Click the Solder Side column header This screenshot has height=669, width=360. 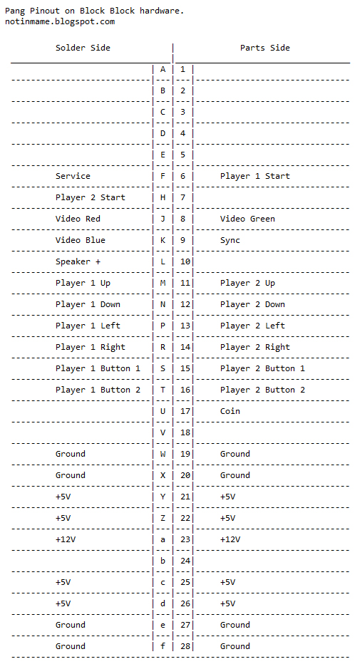[83, 48]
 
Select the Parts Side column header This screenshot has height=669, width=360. [264, 48]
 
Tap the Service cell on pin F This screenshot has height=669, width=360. [73, 176]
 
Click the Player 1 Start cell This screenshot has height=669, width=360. [254, 176]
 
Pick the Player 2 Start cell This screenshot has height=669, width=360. [90, 197]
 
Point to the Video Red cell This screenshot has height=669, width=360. [78, 219]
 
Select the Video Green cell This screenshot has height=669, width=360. [247, 219]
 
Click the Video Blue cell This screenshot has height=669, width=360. [80, 240]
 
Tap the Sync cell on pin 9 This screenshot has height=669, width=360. [230, 240]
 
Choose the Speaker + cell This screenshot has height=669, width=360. [78, 261]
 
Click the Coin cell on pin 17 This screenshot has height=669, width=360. [230, 411]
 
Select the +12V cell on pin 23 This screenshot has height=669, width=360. [230, 539]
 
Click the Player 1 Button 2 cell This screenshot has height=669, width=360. [98, 390]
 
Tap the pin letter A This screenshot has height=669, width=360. [163, 69]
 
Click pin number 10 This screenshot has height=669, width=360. [185, 261]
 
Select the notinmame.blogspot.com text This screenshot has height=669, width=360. [60, 21]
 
